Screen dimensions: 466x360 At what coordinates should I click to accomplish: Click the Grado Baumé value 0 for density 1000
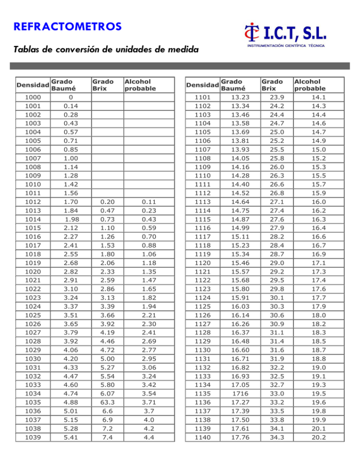(70, 98)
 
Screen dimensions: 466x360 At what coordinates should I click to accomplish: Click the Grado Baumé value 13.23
(240, 98)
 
